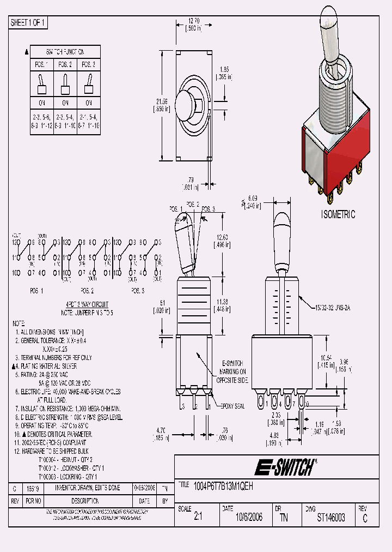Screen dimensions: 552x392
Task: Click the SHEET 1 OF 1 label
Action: [x=28, y=23]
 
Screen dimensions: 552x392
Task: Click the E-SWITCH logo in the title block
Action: [x=285, y=467]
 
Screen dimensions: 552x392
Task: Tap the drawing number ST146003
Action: [x=330, y=518]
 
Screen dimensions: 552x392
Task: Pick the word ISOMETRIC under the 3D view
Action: [x=338, y=215]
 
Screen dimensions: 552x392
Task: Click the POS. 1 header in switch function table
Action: [x=41, y=64]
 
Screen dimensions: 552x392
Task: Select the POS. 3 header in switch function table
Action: [x=88, y=64]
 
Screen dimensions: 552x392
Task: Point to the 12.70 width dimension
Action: [x=193, y=23]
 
